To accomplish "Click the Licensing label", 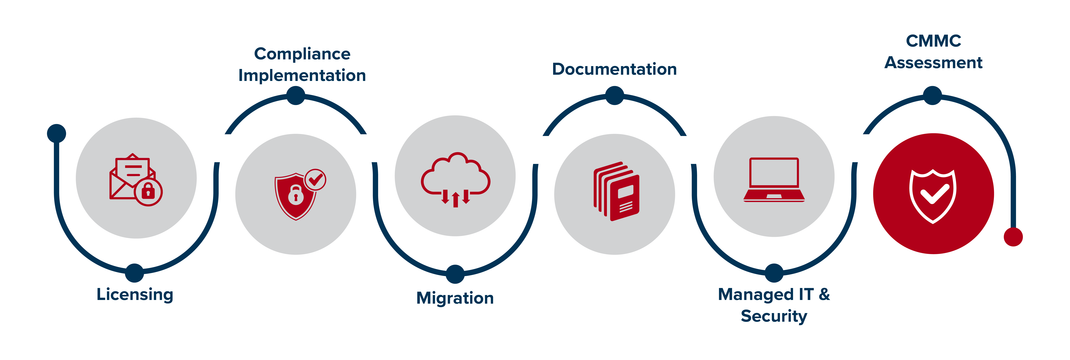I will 135,294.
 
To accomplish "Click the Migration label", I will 455,298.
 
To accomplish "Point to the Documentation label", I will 614,69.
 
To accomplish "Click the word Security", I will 774,316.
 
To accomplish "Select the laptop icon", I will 774,179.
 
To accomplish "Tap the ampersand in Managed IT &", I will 824,294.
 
